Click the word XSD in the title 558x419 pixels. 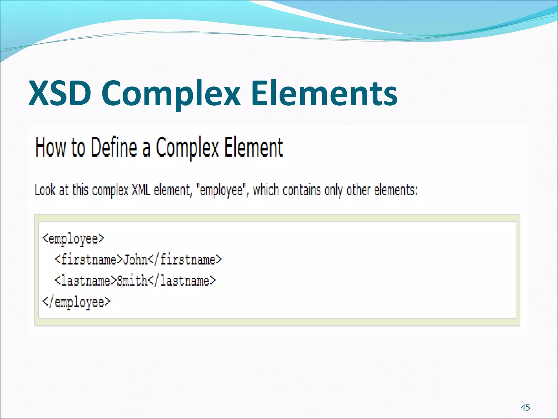coord(60,93)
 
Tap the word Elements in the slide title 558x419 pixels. coord(324,93)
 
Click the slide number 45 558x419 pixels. coord(525,408)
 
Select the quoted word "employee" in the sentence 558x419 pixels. coord(221,190)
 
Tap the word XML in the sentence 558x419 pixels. coord(141,190)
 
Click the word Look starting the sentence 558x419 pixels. coord(45,190)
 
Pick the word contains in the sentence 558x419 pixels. coord(301,190)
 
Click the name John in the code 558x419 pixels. coord(135,260)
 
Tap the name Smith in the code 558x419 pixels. coord(132,281)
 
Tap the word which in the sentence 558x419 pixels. coord(266,190)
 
